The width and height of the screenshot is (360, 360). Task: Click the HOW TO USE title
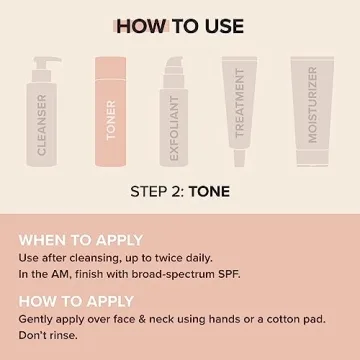pos(179,26)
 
